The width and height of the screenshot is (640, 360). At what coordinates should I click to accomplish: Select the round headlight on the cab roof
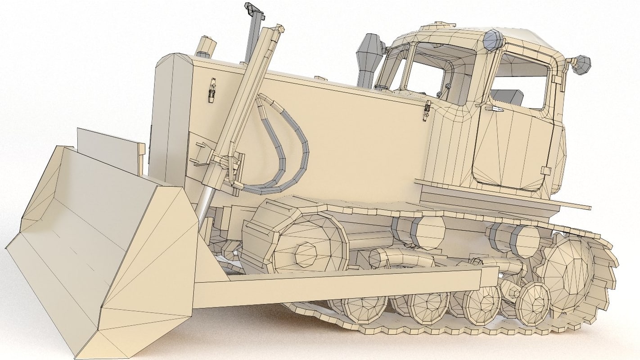pos(494,39)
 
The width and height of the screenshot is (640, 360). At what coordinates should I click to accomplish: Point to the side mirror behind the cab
pos(582,64)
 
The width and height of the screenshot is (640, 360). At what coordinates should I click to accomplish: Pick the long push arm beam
pos(342,286)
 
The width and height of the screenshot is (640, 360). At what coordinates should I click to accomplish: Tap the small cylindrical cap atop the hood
pos(206,46)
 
